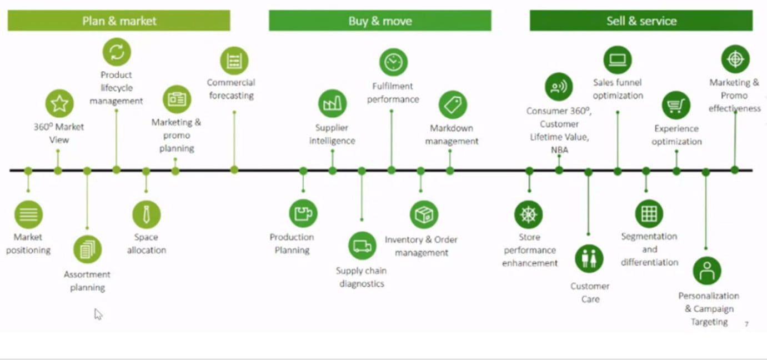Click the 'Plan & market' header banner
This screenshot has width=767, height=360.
pos(119,21)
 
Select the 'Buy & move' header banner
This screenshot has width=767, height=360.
pos(380,21)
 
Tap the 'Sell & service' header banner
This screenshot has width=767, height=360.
pos(641,21)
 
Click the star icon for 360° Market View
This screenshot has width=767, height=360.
pos(59,103)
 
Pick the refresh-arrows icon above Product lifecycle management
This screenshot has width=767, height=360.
pos(117,52)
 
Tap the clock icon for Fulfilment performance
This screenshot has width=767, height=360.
pos(393,62)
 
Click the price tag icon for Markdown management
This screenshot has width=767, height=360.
pos(453,105)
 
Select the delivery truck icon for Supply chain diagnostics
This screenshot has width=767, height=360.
pos(362,246)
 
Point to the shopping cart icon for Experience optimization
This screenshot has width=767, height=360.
pos(676,105)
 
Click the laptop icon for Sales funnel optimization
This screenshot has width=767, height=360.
pos(618,60)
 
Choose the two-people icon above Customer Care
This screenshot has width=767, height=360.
pos(589,258)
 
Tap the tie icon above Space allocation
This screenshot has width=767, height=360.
pos(147,214)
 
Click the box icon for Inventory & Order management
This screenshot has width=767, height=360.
pos(424,215)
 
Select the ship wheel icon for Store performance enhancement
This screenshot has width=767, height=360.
pos(528,215)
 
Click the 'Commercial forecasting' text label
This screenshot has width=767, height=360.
pos(231,89)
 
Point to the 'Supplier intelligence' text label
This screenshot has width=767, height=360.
pos(332,134)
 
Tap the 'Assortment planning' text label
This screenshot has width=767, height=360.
pos(87,281)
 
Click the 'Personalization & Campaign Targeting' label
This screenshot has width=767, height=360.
pos(709,309)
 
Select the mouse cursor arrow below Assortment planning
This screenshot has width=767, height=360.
pos(98,314)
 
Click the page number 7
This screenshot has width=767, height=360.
pos(746,324)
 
